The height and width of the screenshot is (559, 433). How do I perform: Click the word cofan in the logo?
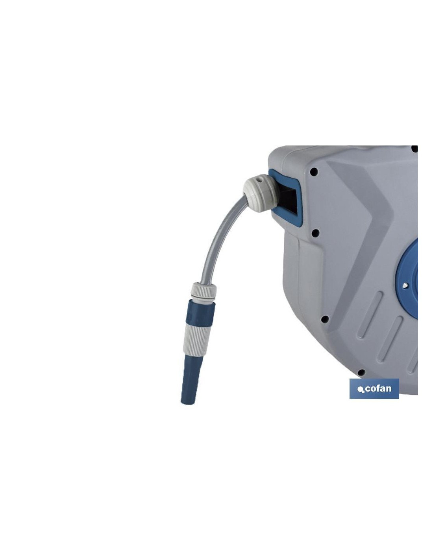[378, 388]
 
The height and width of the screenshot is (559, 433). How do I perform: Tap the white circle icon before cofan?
[361, 389]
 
